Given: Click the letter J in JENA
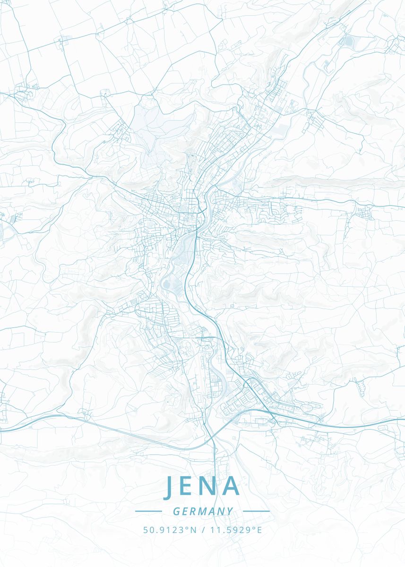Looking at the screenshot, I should point(169,487).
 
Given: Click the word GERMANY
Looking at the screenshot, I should point(203,511).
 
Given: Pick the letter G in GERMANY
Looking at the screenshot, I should point(176,511).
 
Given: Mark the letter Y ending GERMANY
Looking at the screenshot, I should point(230,511).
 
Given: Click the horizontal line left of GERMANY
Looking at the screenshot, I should point(148,511).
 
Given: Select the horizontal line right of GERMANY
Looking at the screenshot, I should point(256,511).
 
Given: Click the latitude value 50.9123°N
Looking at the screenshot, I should point(169,530).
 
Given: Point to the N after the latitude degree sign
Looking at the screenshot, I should point(193,530).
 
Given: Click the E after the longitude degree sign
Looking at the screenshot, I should point(259,530).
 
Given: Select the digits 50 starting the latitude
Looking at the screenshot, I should point(147,530).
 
